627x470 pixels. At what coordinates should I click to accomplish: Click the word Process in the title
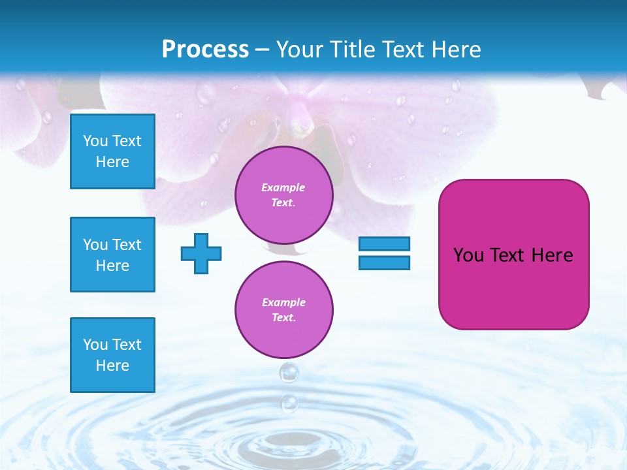[x=205, y=50]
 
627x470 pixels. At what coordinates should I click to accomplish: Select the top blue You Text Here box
[x=112, y=151]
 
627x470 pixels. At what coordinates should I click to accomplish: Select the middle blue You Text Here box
[x=112, y=255]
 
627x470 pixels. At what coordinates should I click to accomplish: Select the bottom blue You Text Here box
[x=112, y=355]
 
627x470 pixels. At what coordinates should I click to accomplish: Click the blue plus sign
[x=201, y=253]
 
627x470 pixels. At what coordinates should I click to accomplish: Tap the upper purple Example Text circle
[x=283, y=195]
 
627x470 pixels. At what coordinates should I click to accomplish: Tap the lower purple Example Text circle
[x=283, y=310]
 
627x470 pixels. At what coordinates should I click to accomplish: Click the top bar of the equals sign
[x=384, y=243]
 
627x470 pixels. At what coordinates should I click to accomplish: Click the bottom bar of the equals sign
[x=384, y=262]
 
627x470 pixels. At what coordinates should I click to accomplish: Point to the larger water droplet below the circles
[x=289, y=373]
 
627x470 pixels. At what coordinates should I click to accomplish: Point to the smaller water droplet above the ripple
[x=289, y=403]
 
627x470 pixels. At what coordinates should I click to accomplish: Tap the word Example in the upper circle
[x=283, y=187]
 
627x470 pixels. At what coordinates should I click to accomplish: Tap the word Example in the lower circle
[x=283, y=302]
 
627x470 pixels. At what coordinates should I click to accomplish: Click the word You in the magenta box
[x=468, y=255]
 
